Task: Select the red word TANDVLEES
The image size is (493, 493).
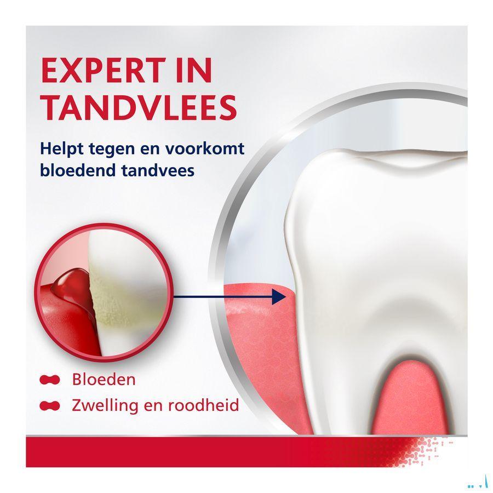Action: click(138, 107)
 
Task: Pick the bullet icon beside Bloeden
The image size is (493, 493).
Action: click(50, 379)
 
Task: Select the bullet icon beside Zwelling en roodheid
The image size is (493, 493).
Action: click(50, 406)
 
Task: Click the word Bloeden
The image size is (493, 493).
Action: click(104, 379)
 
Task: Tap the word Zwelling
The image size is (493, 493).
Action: click(102, 406)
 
